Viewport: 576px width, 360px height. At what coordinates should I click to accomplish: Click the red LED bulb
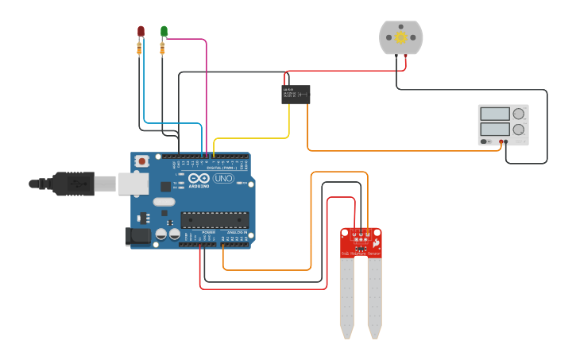(x=141, y=30)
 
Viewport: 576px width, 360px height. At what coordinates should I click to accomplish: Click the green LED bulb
(x=164, y=30)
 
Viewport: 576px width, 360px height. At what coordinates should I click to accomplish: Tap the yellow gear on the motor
(x=400, y=37)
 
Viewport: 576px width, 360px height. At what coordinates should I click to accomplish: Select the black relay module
(x=296, y=95)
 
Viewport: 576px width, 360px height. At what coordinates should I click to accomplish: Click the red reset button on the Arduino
(x=141, y=161)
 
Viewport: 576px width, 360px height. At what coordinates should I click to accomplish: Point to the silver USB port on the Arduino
(x=133, y=184)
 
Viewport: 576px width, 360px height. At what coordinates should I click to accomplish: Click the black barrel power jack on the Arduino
(x=138, y=236)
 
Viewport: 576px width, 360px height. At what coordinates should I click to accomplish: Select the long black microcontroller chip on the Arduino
(x=214, y=219)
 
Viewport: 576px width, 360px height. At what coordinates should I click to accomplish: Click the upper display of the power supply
(x=494, y=114)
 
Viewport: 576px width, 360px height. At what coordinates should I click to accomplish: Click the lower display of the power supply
(x=494, y=128)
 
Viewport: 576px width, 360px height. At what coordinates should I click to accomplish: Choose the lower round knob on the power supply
(x=518, y=129)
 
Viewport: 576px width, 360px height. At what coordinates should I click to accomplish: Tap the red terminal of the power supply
(x=501, y=141)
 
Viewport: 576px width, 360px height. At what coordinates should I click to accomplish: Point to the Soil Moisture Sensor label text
(x=361, y=254)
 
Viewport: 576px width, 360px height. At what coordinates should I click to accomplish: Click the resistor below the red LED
(x=140, y=49)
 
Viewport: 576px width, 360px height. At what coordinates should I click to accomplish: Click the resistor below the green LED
(x=163, y=49)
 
